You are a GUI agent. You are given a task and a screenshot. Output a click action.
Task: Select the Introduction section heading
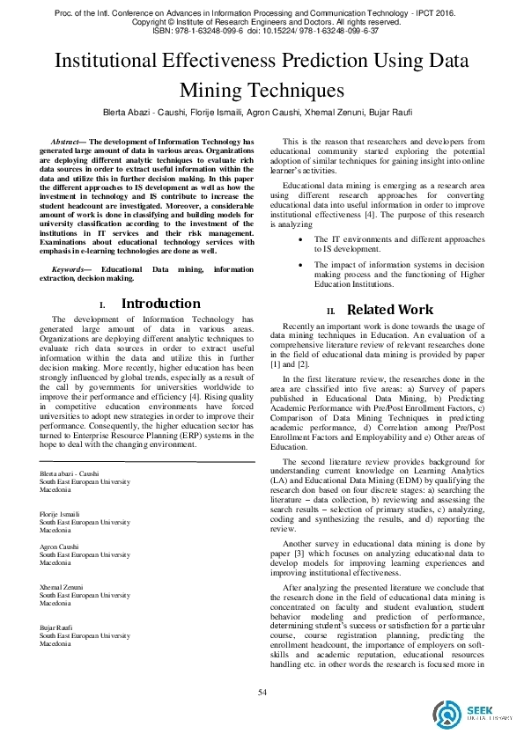[x=160, y=304]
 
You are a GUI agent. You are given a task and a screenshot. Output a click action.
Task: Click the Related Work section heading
[x=390, y=309]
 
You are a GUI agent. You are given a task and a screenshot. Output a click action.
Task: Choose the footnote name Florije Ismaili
[x=59, y=512]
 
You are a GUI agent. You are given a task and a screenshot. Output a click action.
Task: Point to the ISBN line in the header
[x=262, y=30]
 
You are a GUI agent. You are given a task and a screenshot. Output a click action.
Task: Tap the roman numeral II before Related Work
[x=331, y=311]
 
